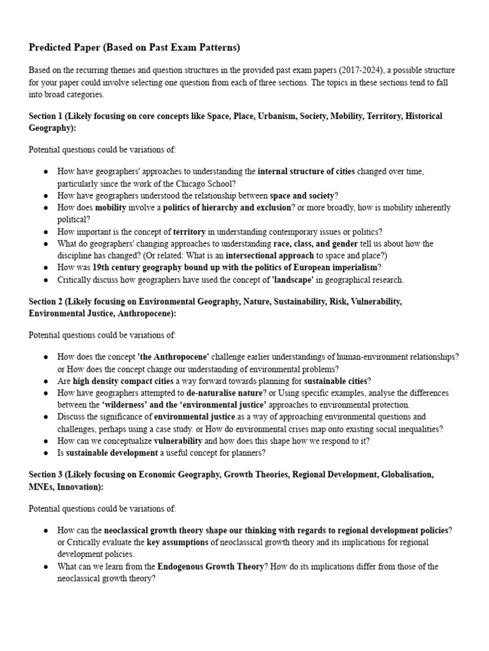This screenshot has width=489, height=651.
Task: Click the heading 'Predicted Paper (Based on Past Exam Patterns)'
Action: click(x=125, y=48)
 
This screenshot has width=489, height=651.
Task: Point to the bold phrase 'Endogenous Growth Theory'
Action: click(x=210, y=566)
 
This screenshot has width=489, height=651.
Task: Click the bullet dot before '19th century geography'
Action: click(x=45, y=267)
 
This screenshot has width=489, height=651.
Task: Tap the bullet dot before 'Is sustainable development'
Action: click(x=45, y=453)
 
